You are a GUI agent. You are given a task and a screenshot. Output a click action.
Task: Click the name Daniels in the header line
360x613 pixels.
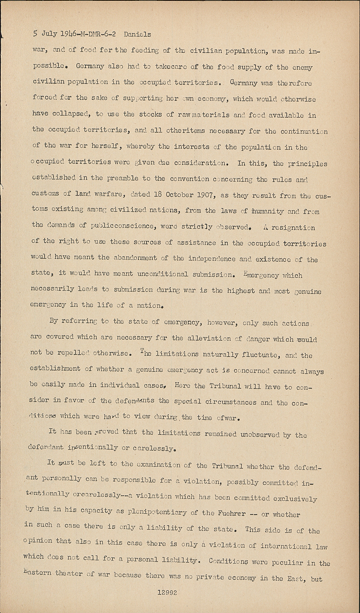(137, 34)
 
